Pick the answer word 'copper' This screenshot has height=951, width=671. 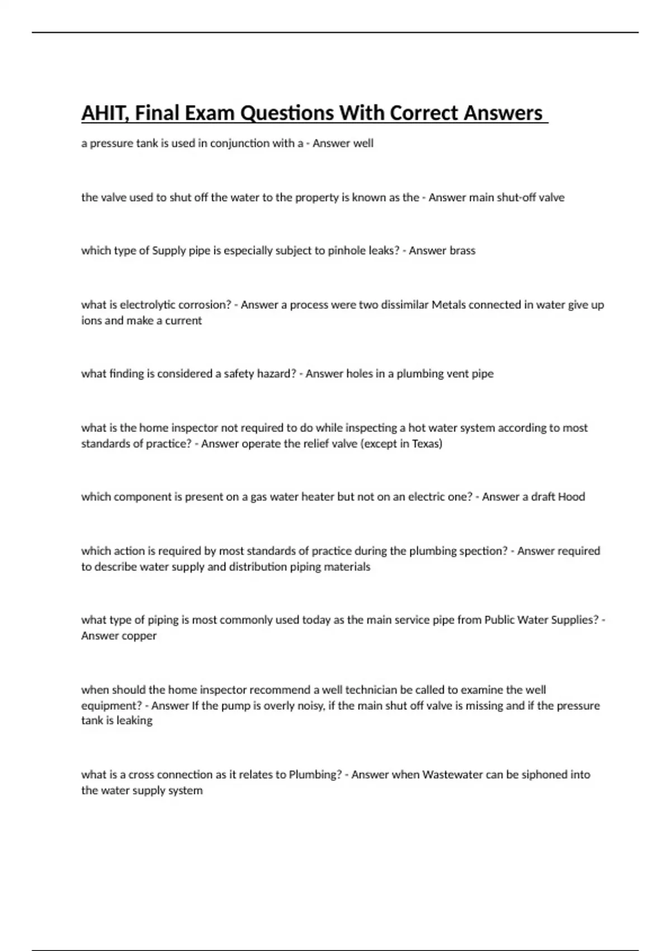(138, 635)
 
